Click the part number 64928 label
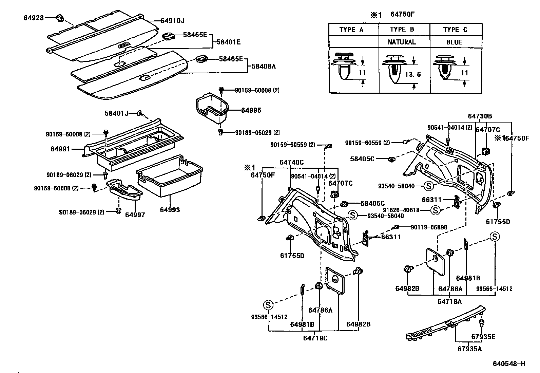coord(34,18)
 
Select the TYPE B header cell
coord(402,29)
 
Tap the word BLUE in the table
coord(454,42)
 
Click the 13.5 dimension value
coord(413,74)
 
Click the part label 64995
coord(251,110)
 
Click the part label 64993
coord(170,210)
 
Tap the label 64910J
coord(172,21)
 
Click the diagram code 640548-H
coord(509,364)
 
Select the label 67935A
coord(469,349)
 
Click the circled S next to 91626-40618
coord(435,210)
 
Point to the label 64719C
coord(315,338)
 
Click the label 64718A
coord(449,301)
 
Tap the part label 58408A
coord(263,67)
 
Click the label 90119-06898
coord(429,227)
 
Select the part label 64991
coord(60,149)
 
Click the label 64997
coord(135,215)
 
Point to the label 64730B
coord(480,116)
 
